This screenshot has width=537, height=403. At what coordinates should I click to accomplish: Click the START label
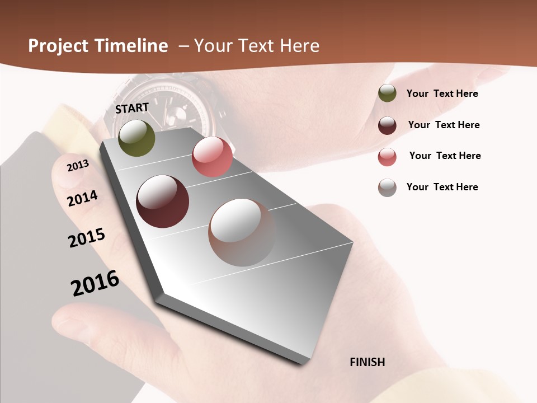coord(132,108)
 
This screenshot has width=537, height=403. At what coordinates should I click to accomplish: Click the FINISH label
coord(367,362)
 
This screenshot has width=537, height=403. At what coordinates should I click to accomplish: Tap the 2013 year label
coord(78,166)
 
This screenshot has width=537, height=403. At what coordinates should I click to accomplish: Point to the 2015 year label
coord(87,237)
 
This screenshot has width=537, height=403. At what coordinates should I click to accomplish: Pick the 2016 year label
coord(95,283)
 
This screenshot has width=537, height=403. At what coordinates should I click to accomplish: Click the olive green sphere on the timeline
coord(136,138)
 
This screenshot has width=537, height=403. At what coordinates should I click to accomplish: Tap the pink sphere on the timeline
coord(212,157)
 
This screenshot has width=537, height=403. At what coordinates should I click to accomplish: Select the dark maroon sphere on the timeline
coord(162,201)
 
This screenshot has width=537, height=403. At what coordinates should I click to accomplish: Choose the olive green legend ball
coord(387,93)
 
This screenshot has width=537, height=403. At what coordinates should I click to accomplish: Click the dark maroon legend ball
coord(387,125)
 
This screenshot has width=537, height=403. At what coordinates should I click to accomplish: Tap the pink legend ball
coord(387,157)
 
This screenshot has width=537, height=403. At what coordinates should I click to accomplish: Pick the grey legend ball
coord(387,188)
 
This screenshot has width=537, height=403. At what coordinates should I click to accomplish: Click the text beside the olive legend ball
coord(442,93)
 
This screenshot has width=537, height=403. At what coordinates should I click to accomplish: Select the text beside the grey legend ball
coord(442,187)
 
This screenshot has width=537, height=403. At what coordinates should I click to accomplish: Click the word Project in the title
coord(58,46)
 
